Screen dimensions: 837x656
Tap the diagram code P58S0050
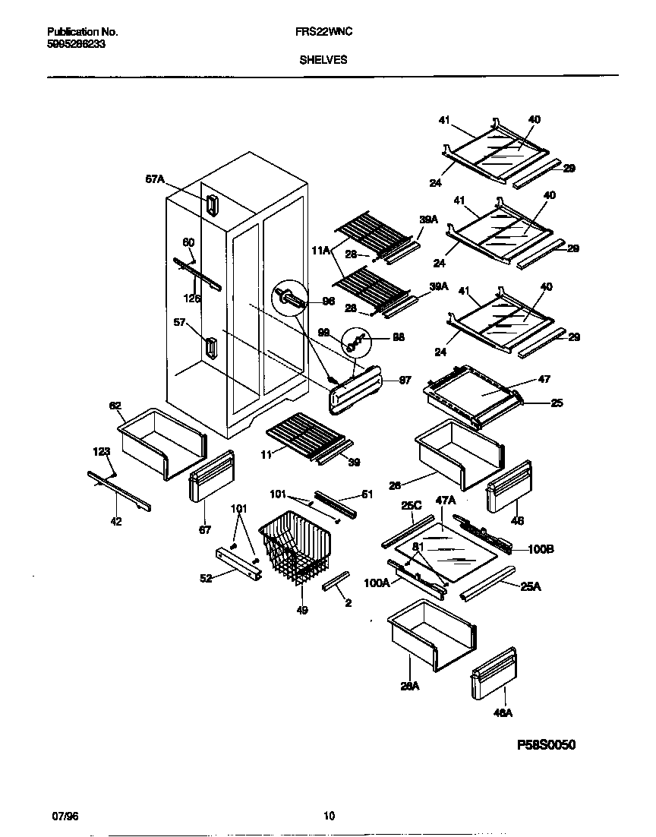(546, 745)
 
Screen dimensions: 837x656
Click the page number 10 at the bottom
(328, 816)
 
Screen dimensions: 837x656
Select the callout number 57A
(155, 179)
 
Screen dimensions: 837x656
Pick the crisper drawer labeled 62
(161, 444)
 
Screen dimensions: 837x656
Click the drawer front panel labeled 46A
(494, 672)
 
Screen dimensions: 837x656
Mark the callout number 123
(102, 451)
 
